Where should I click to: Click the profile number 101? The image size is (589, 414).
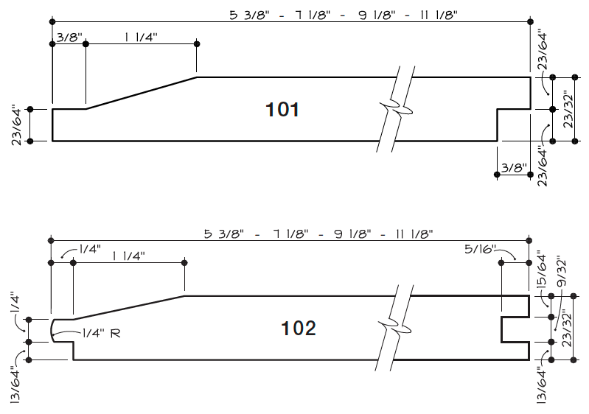[282, 110]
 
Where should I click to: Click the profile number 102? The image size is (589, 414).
[299, 329]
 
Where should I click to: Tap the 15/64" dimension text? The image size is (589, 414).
[542, 270]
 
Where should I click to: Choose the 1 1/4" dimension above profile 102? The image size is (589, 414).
[128, 256]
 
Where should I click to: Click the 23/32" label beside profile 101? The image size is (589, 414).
[568, 110]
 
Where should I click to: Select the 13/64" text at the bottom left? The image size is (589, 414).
[15, 384]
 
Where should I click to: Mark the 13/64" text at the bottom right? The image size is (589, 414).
[543, 384]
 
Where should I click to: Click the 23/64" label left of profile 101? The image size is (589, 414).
[15, 125]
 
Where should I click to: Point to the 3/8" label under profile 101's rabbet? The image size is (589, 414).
[512, 167]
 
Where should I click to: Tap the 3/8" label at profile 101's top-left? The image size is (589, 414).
[68, 35]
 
